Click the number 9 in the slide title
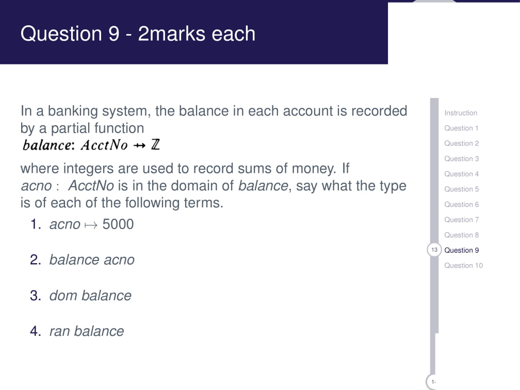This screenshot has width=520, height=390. point(114,34)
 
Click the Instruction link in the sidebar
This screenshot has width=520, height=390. point(460,113)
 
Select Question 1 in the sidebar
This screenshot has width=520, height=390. point(461,128)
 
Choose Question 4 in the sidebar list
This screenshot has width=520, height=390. point(461,174)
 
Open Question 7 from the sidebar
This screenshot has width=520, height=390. point(461,220)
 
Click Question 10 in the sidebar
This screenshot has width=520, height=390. point(463,266)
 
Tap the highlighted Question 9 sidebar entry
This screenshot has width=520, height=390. point(461,250)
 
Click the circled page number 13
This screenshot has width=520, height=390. point(434,250)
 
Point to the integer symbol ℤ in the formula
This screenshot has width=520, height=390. point(155,145)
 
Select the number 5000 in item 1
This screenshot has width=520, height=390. point(118,224)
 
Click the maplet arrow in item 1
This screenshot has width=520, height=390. point(92,225)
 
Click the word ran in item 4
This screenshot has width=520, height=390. point(59,331)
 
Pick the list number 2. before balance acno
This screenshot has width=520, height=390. point(36,260)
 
